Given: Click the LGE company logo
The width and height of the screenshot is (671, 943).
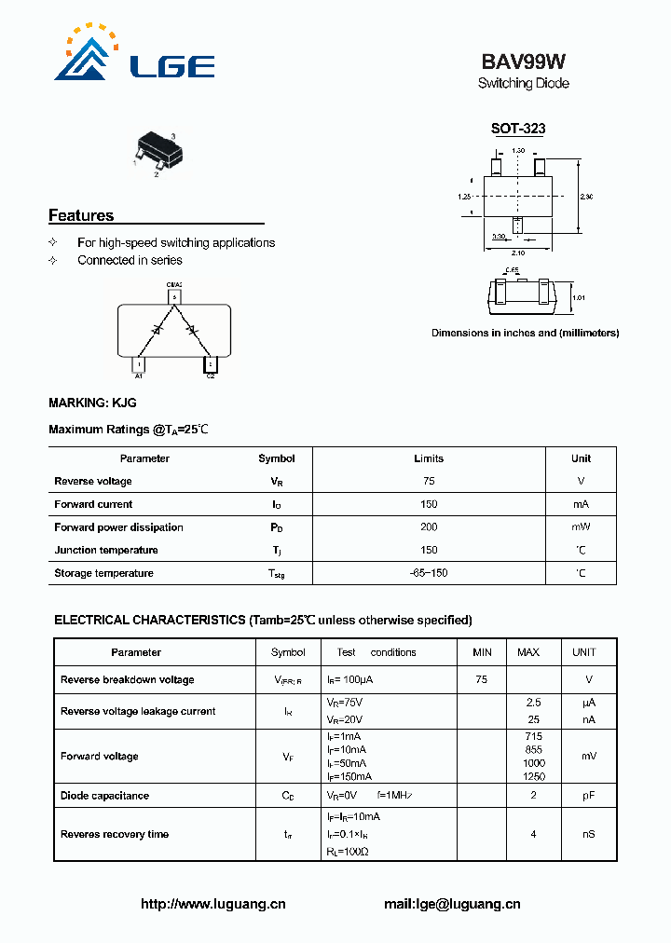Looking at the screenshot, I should click(x=135, y=56).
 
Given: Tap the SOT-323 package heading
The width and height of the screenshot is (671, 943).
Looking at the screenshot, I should click(x=518, y=130).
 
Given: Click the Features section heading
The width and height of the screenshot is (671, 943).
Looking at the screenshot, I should click(x=81, y=216).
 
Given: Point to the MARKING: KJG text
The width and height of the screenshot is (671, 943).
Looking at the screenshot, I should click(x=92, y=403).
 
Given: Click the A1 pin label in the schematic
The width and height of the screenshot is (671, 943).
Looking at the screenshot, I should click(x=139, y=376).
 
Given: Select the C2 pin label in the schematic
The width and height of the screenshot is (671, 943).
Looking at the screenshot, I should click(x=211, y=376).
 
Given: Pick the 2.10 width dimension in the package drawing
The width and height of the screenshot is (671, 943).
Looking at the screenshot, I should click(x=519, y=252).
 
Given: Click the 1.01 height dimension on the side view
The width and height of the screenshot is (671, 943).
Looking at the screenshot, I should click(x=577, y=298).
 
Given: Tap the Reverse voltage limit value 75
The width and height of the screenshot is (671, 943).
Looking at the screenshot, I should click(x=429, y=482).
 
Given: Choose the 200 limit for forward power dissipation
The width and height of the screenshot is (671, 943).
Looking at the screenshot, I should click(x=429, y=527).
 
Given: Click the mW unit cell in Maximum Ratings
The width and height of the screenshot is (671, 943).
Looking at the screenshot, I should click(x=581, y=527).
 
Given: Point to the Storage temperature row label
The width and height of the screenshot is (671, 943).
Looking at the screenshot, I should click(x=103, y=573).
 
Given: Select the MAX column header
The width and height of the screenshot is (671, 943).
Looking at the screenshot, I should click(x=528, y=652).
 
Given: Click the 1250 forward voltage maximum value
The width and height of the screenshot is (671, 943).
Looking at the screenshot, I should click(x=533, y=776).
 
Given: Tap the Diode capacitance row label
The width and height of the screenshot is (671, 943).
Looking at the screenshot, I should click(x=104, y=796).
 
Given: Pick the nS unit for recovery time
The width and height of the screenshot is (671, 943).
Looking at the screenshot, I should click(x=589, y=834).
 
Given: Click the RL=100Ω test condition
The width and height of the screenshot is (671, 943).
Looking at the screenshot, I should click(x=349, y=852).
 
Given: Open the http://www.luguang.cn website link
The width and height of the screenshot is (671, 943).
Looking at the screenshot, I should click(x=212, y=904).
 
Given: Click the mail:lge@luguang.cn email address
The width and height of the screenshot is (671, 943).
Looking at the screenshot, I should click(x=452, y=904).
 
